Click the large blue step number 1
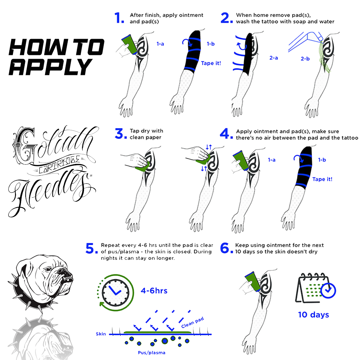coord(119,18)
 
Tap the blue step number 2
coord(226,18)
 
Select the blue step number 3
coord(119,134)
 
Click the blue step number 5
coord(91,249)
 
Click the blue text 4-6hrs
coord(154,291)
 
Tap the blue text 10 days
coord(313,315)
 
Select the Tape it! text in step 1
coord(211,63)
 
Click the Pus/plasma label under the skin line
coord(152,352)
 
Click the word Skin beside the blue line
coord(101,334)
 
